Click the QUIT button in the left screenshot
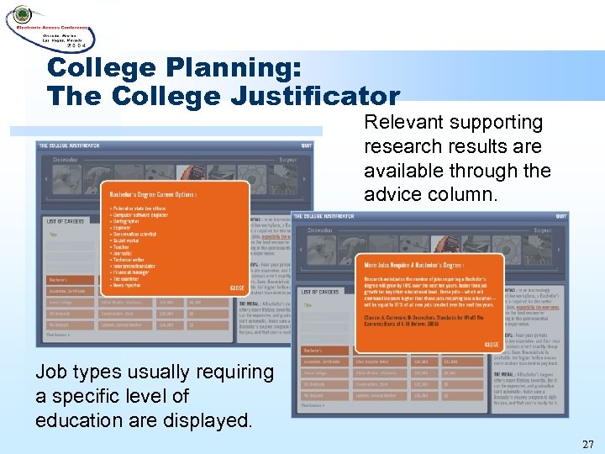[307, 145]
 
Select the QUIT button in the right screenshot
[560, 216]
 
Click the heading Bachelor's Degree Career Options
[152, 195]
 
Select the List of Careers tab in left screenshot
[66, 220]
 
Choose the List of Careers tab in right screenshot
[319, 291]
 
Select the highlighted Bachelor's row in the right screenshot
[313, 346]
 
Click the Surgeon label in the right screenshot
[542, 229]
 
